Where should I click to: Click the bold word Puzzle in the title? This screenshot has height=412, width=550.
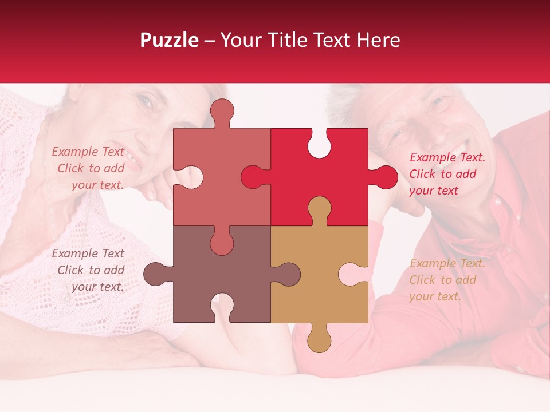(x=170, y=41)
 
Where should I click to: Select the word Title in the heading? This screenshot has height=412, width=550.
(x=290, y=40)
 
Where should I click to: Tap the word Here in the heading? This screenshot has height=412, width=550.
(x=378, y=40)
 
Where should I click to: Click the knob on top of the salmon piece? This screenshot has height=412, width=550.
(x=222, y=112)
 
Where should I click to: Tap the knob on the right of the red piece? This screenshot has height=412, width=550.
(x=385, y=177)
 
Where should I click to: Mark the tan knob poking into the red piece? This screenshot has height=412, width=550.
(x=319, y=209)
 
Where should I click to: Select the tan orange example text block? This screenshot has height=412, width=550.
(x=447, y=280)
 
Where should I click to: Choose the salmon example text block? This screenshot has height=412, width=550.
(x=89, y=168)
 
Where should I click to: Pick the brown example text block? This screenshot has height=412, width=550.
(x=89, y=270)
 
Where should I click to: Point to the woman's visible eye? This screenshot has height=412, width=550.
(x=146, y=102)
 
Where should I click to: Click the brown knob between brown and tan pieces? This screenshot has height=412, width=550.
(x=288, y=274)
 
